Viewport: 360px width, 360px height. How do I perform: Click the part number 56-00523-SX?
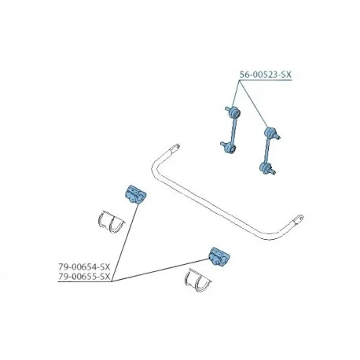coord(266,75)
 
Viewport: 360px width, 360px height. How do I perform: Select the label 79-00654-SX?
coord(84,267)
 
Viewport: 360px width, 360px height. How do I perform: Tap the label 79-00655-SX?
coord(84,277)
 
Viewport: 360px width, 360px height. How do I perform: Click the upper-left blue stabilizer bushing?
coord(135,194)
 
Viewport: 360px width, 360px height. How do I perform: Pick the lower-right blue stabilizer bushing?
coord(219,257)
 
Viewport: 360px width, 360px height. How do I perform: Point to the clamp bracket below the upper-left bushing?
coord(111,222)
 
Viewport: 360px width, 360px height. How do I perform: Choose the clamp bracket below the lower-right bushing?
coord(198,281)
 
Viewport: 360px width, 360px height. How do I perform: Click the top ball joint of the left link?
coord(233,113)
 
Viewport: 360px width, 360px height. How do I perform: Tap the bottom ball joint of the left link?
coord(229,148)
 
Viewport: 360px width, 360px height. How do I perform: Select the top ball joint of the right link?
coord(272,133)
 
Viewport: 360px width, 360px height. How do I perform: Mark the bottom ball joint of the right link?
coord(266,167)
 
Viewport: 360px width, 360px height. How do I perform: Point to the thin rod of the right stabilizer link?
coord(267,150)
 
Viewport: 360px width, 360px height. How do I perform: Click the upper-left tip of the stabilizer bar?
coord(177,145)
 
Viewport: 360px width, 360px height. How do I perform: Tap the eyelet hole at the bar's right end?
coord(299,218)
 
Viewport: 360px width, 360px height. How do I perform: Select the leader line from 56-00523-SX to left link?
coord(236,94)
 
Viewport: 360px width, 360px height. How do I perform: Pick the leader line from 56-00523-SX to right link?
coord(254,105)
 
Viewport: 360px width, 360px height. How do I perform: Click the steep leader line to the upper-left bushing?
coord(125,243)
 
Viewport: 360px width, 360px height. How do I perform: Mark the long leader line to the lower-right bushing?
coord(160,270)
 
